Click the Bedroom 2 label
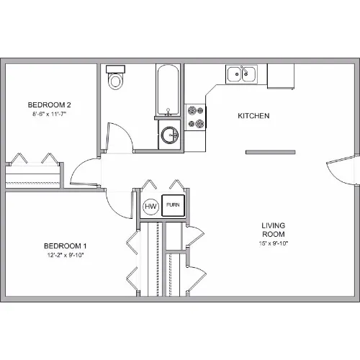click(49, 105)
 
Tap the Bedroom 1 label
click(66, 246)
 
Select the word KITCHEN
click(253, 116)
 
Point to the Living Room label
click(274, 230)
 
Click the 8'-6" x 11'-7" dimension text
click(50, 114)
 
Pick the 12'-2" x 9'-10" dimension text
click(66, 255)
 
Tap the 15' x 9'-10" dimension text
click(274, 243)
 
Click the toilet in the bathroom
click(115, 77)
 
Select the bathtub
click(168, 89)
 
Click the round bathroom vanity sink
click(170, 135)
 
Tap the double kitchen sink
click(241, 74)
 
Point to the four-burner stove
click(195, 117)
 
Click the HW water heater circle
click(150, 207)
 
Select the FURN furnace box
click(173, 205)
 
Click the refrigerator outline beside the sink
click(281, 76)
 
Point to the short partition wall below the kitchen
click(271, 152)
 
